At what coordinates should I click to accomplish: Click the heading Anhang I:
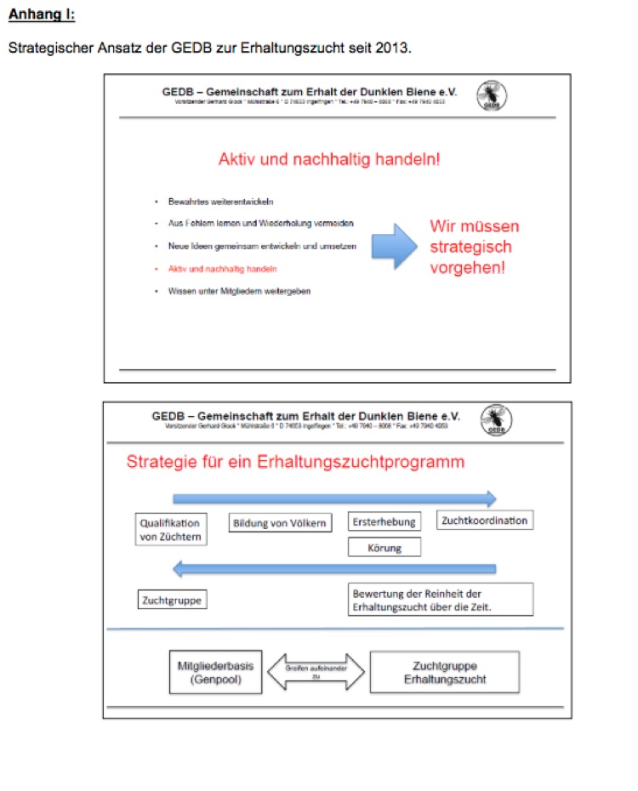[x=41, y=14]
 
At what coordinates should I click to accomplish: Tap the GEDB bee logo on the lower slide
[x=496, y=421]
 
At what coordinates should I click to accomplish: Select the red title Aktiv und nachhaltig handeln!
[x=329, y=159]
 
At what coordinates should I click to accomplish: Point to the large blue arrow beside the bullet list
[x=394, y=247]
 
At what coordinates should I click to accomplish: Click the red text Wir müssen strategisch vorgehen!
[x=474, y=247]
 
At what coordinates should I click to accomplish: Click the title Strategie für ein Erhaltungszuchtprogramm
[x=295, y=463]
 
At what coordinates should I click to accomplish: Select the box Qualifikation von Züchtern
[x=170, y=530]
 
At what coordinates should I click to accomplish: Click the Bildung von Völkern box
[x=280, y=523]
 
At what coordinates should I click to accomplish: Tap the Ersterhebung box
[x=385, y=522]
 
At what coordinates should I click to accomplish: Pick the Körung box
[x=385, y=548]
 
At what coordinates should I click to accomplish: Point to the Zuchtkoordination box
[x=485, y=521]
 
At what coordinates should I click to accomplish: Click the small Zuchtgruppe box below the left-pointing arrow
[x=173, y=600]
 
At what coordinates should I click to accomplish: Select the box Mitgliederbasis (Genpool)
[x=215, y=672]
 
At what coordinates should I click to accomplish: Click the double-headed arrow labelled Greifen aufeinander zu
[x=316, y=673]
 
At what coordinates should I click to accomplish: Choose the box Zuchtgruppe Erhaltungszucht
[x=445, y=672]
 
